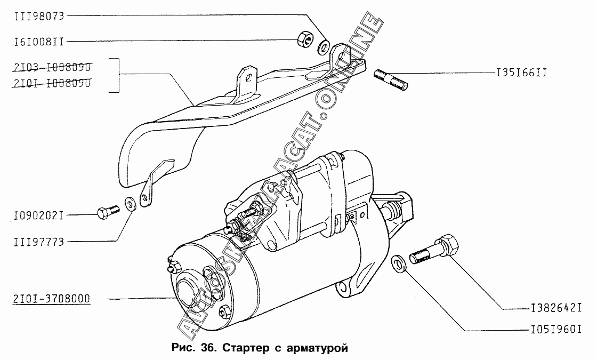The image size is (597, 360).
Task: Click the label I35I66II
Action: (x=521, y=72)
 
